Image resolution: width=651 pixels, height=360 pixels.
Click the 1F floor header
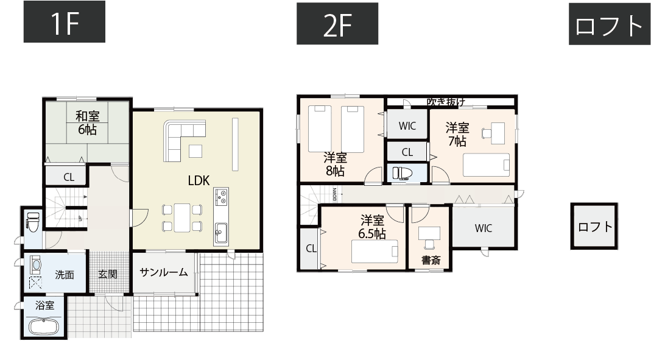pos(64,23)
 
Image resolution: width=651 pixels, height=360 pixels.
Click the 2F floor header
pos(337,24)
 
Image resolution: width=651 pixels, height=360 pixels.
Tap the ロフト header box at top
pos(609,24)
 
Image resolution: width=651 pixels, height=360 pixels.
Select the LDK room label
pos(199,180)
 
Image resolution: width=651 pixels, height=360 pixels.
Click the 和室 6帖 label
pos(87,122)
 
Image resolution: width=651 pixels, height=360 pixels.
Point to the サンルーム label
pos(163,272)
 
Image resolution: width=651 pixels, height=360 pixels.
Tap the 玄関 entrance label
pos(108,275)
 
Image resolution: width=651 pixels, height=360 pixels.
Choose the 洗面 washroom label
pos(65,275)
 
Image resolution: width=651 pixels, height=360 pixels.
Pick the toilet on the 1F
pos(32,222)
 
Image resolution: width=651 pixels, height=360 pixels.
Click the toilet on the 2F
pos(401,173)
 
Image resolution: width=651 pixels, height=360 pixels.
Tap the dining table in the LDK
pos(182,217)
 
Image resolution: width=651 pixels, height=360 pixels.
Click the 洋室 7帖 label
pos(457,134)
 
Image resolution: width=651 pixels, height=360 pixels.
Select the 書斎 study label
pos(431,261)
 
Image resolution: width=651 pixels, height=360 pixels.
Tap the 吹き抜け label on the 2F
pos(446,101)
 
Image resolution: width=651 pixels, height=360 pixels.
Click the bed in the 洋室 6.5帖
pos(375,250)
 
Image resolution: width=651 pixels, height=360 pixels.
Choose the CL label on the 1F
pos(69,178)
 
